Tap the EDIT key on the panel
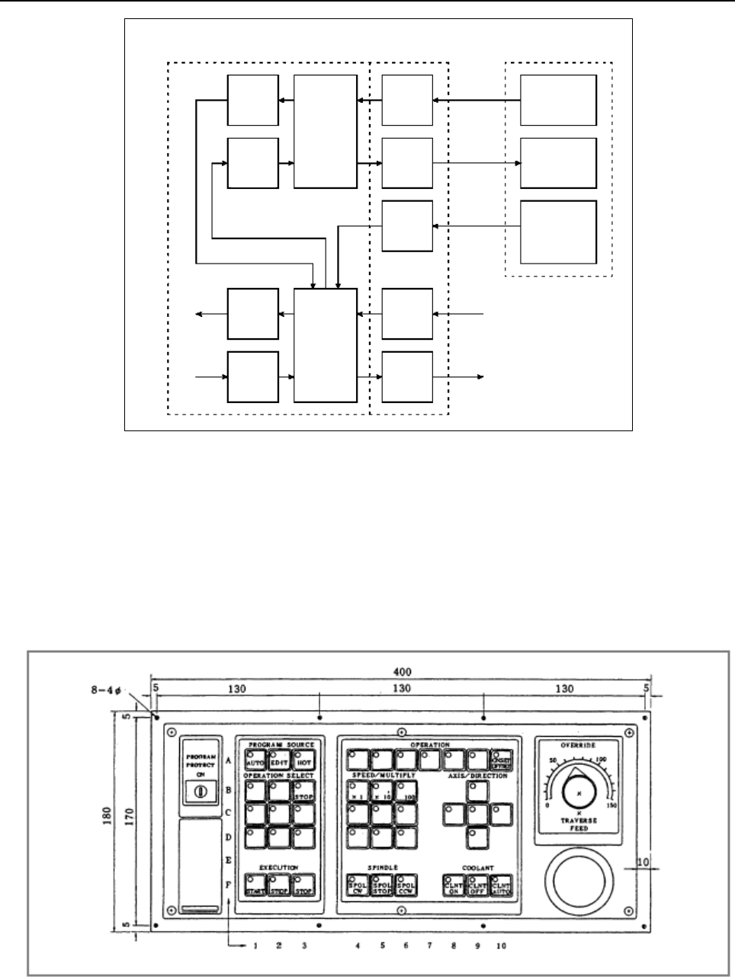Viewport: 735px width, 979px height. [279, 759]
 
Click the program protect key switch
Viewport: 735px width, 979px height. [201, 791]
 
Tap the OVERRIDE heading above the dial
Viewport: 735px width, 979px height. [579, 745]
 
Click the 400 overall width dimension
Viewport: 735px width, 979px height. [403, 672]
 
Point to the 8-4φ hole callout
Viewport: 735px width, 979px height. [106, 693]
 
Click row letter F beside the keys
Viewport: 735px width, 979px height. [228, 885]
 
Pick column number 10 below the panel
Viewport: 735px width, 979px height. [500, 946]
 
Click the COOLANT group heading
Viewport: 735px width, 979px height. [478, 868]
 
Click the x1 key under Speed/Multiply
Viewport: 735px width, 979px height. [358, 790]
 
